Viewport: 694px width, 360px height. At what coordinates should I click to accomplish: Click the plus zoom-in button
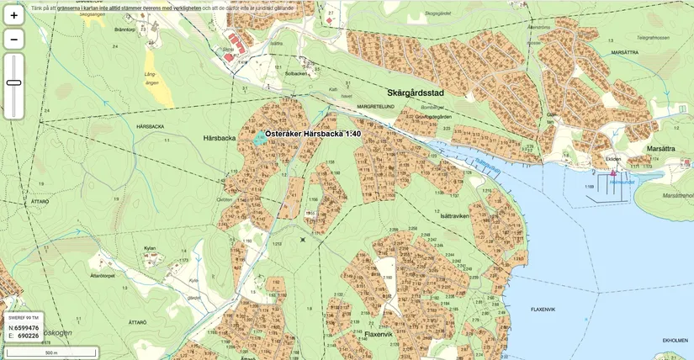[x=14, y=15]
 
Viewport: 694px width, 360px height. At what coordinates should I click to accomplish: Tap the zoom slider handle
[x=14, y=82]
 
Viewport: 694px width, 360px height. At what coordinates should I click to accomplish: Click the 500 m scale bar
[x=50, y=352]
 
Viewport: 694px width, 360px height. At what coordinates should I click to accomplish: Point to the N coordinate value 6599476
[x=26, y=328]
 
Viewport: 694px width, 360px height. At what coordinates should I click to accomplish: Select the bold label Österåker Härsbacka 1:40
[x=313, y=135]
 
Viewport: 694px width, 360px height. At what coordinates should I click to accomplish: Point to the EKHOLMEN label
[x=675, y=341]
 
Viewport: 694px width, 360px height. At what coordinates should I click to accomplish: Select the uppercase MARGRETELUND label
[x=376, y=107]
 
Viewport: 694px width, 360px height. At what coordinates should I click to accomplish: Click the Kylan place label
[x=150, y=249]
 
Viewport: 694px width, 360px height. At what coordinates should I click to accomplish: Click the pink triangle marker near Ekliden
[x=613, y=172]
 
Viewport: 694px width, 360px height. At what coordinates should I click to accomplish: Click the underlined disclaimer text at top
[x=129, y=8]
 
